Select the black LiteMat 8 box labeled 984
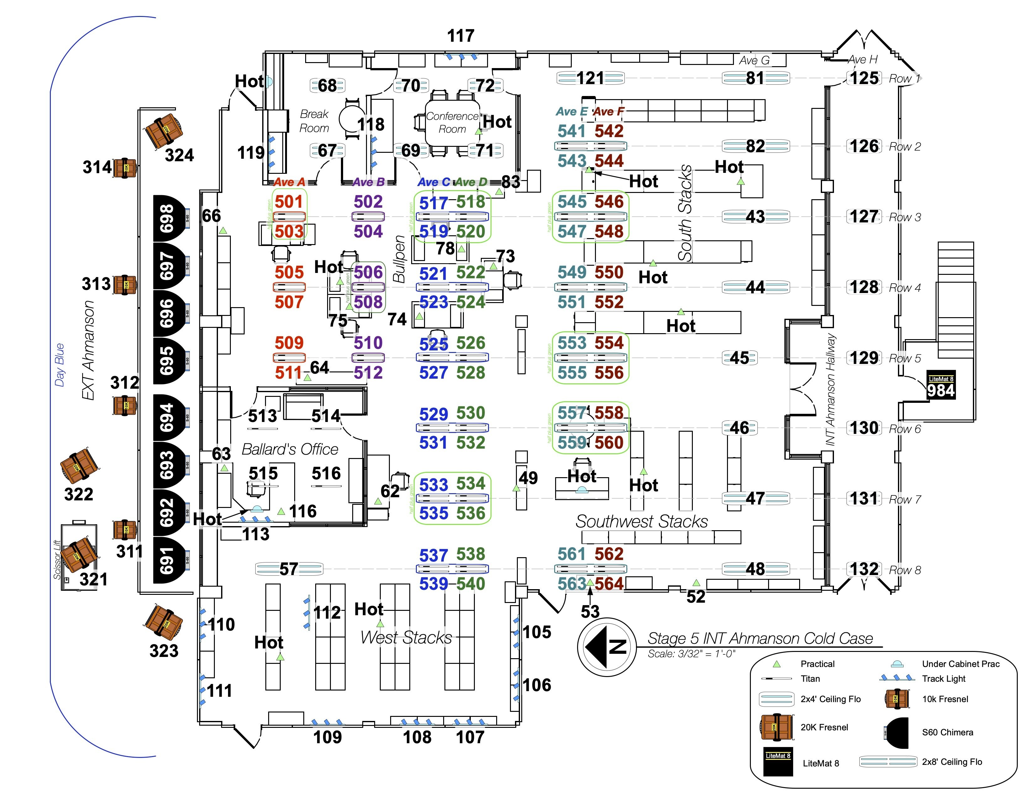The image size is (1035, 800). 941,385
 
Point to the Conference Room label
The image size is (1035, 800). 452,122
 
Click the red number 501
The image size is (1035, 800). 289,201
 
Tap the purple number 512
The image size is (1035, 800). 368,372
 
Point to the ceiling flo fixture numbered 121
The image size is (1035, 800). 590,78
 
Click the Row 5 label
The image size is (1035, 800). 905,358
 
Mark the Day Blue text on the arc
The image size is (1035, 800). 60,365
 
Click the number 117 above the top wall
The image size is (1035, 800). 461,35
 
